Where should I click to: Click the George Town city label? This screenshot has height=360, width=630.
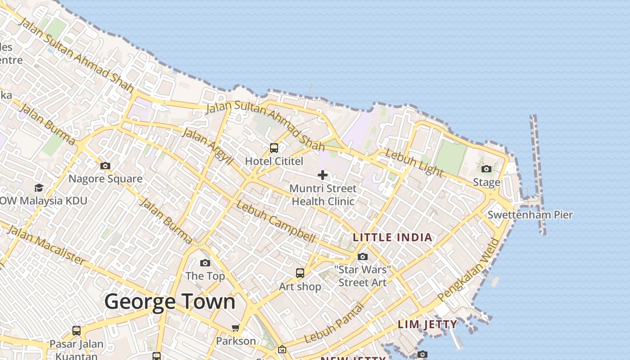[x=170, y=301]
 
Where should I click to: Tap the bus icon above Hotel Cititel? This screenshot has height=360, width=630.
[x=274, y=148]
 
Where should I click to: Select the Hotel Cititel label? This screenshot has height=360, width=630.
[x=274, y=161]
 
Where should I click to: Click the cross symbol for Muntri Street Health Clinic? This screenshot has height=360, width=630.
[x=323, y=175]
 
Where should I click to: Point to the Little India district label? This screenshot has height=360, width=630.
[x=392, y=238]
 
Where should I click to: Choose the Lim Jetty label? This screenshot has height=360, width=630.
[x=427, y=324]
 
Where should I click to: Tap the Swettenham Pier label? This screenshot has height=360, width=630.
[x=530, y=215]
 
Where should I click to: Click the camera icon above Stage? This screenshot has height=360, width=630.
[x=486, y=169]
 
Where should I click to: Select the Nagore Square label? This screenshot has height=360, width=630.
[x=105, y=179]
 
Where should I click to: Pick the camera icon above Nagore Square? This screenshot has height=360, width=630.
[x=105, y=166]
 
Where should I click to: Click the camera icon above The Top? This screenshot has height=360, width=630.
[x=205, y=263]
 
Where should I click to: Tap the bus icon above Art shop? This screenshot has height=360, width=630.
[x=300, y=273]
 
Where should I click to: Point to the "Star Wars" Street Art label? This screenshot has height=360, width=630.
[x=363, y=276]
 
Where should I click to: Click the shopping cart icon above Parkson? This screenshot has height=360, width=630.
[x=236, y=328]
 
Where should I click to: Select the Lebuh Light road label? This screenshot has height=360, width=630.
[x=414, y=162]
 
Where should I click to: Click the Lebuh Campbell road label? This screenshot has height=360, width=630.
[x=275, y=222]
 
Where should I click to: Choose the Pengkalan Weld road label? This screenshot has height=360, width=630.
[x=469, y=270]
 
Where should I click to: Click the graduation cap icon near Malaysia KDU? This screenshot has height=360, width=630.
[x=39, y=188]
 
